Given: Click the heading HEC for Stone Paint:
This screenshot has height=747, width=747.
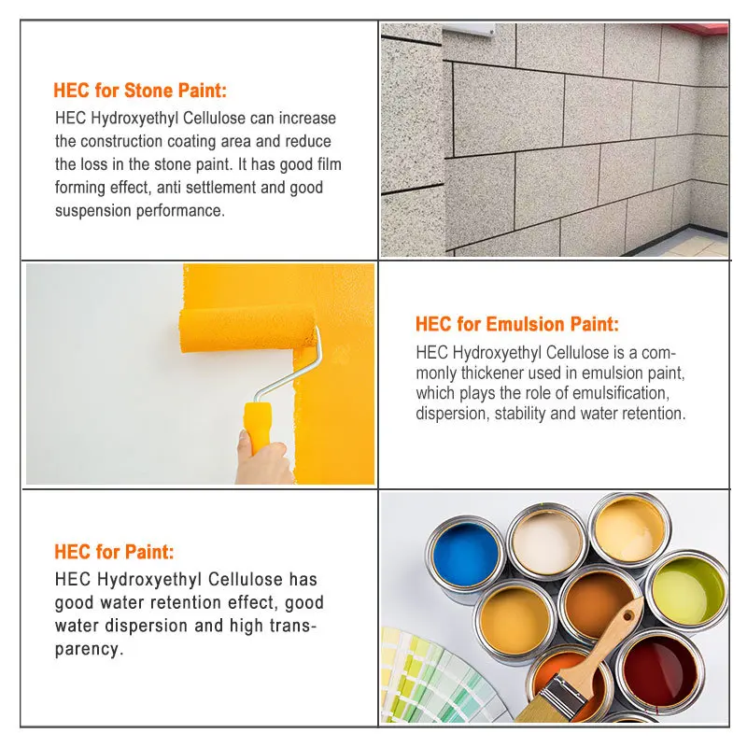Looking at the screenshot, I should [140, 91].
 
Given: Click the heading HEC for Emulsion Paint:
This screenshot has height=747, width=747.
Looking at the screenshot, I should [516, 324].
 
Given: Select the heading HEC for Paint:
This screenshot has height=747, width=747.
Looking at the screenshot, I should [114, 552].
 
